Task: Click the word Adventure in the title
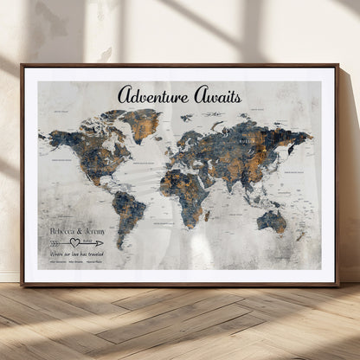[150, 94]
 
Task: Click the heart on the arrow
[75, 242]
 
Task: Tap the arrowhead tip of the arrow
[102, 242]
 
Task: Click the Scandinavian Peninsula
[183, 128]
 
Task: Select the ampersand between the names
[79, 231]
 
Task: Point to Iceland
[161, 130]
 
